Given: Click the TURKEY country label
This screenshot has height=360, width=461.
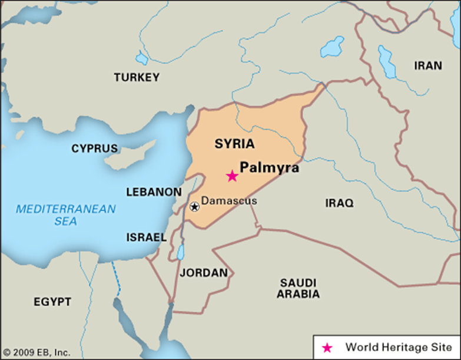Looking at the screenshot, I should click(x=137, y=77).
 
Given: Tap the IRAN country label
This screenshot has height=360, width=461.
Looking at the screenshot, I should click(x=427, y=65).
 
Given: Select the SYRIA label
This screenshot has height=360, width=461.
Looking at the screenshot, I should click(x=234, y=143).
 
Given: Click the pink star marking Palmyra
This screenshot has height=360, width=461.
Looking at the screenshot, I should click(x=232, y=176).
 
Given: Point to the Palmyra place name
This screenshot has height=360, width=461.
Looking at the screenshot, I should click(x=270, y=168).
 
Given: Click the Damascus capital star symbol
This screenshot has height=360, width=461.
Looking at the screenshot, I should click(x=194, y=206).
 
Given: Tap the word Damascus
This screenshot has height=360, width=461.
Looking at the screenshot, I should click(x=229, y=201).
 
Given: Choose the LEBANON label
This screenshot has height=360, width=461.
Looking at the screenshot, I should click(x=154, y=192).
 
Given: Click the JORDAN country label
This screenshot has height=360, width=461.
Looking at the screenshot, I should click(x=203, y=273).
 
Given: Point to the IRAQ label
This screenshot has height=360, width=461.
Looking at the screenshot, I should click(x=339, y=203).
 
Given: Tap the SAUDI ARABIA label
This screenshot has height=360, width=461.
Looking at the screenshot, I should click(x=298, y=288).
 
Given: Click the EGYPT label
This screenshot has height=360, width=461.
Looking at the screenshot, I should click(x=52, y=302).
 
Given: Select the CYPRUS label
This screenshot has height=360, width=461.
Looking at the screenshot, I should click(x=94, y=148).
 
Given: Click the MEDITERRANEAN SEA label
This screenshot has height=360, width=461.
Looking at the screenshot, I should click(x=66, y=215).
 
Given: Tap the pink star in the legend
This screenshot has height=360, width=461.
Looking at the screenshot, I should click(x=328, y=348).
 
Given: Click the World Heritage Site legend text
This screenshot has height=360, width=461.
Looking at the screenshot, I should click(x=399, y=347).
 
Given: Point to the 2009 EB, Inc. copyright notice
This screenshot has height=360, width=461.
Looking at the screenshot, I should click(x=37, y=352).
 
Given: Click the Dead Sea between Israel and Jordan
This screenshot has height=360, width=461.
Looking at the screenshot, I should click(x=179, y=253).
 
